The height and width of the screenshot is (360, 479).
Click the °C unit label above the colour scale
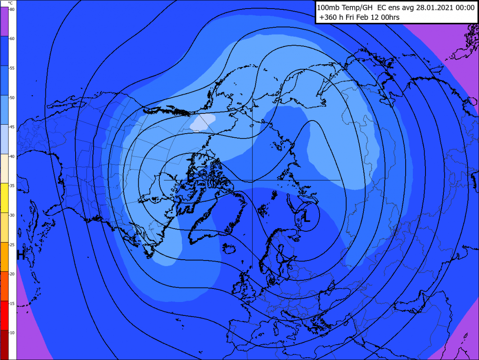pyautogui.click(x=10, y=3)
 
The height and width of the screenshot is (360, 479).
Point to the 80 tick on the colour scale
pyautogui.click(x=12, y=9)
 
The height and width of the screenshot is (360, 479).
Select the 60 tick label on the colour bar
pyautogui.click(x=12, y=39)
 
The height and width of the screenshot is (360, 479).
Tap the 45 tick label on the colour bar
pyautogui.click(x=12, y=127)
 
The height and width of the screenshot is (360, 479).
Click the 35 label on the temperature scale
pyautogui.click(x=12, y=186)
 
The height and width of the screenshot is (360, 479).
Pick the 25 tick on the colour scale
pyautogui.click(x=12, y=245)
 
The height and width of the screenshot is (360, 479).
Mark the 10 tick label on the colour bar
pyautogui.click(x=12, y=333)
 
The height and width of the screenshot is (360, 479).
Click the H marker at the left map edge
pyautogui.click(x=20, y=255)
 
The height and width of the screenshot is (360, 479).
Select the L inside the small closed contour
pyautogui.click(x=307, y=219)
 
